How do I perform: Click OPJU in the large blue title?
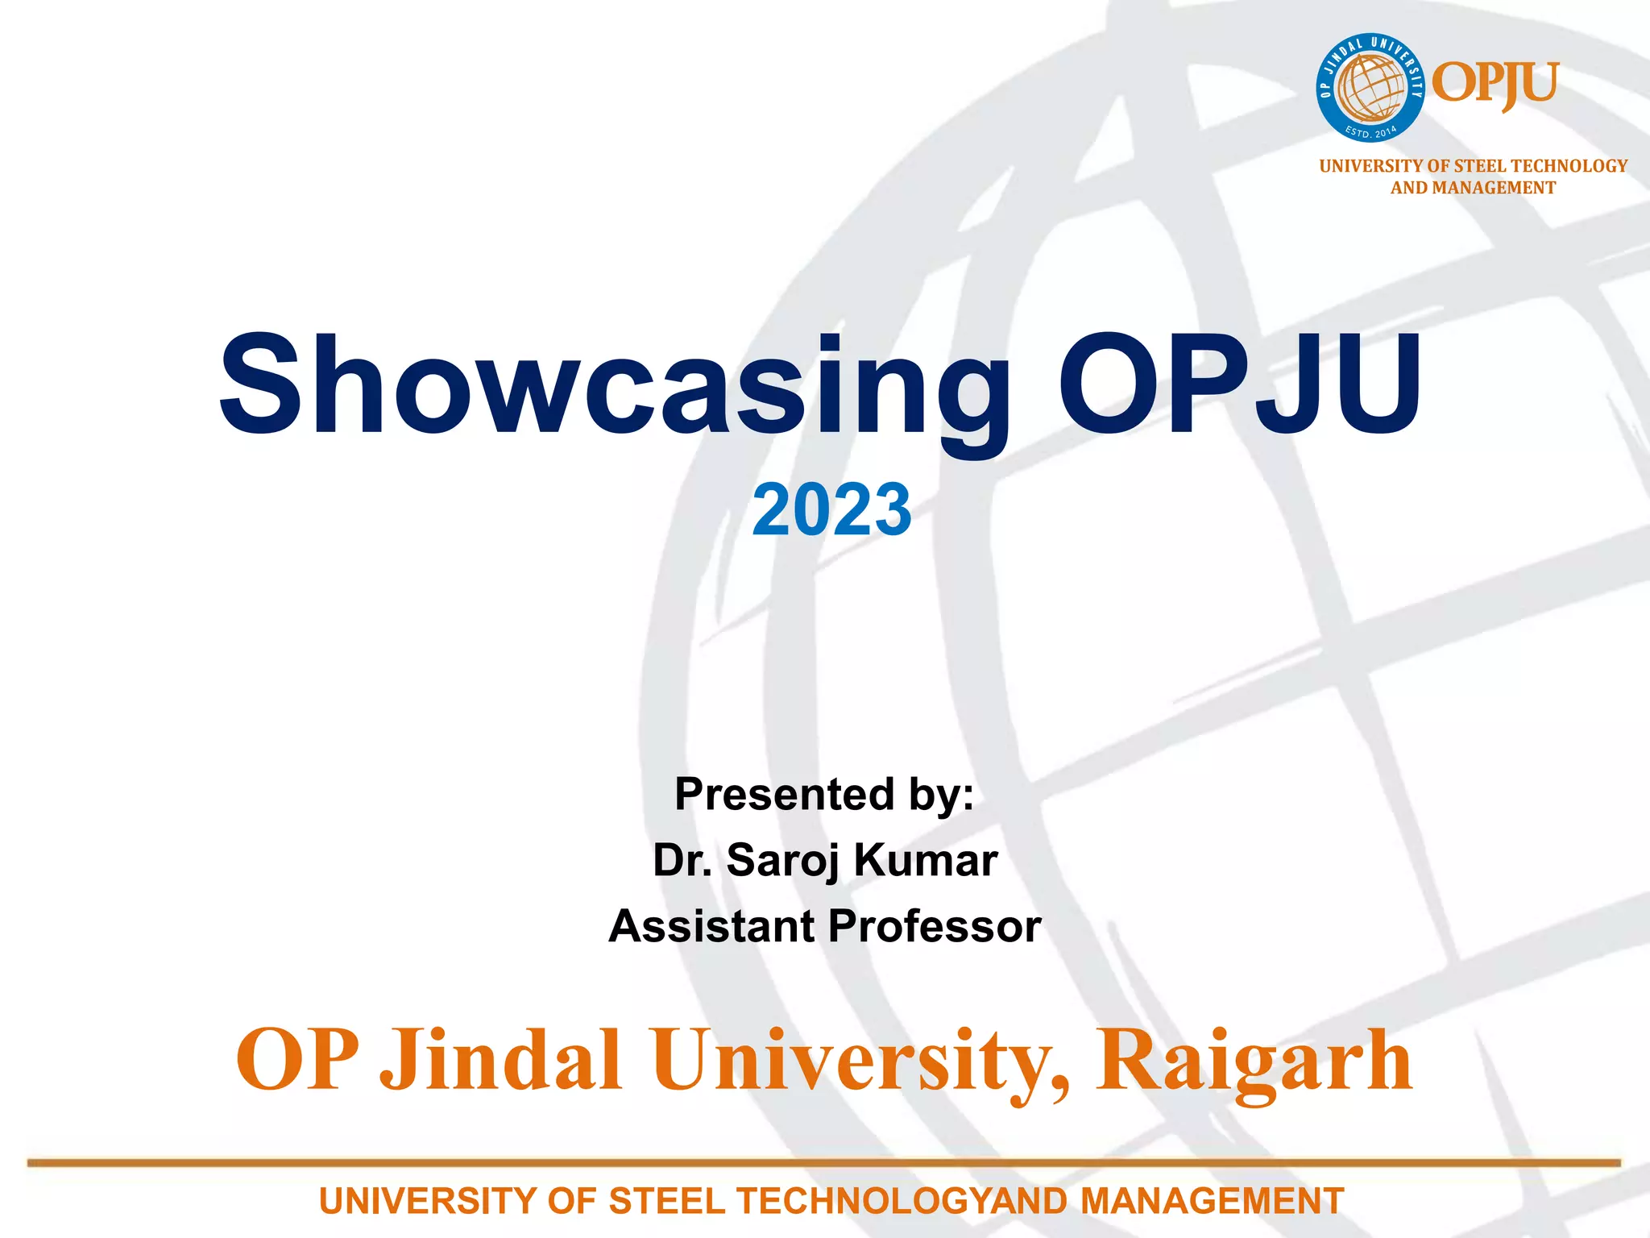[1239, 385]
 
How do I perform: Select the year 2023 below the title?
[831, 509]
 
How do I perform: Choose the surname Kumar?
[927, 860]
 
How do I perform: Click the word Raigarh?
[1254, 1061]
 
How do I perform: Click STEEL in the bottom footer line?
[666, 1201]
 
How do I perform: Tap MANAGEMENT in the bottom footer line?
[1212, 1201]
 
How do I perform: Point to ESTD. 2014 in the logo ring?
[1371, 131]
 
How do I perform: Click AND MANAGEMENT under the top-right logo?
[1473, 188]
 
